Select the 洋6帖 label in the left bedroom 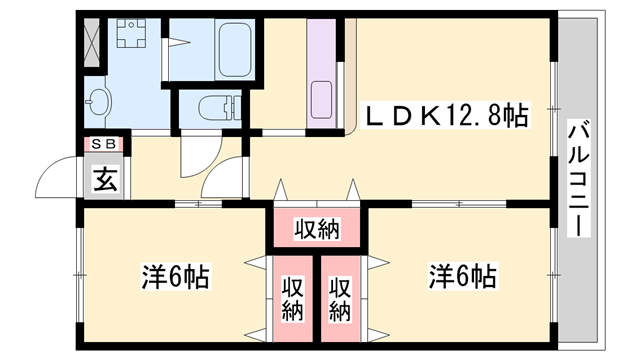pos(175,276)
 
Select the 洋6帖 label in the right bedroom pos(463,276)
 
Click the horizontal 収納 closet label pos(316,229)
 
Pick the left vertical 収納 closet pos(291,298)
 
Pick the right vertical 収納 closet pos(341,298)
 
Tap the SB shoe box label pos(104,143)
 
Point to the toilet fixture pos(215,106)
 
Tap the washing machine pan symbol pos(130,39)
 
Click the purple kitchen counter pos(322,70)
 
